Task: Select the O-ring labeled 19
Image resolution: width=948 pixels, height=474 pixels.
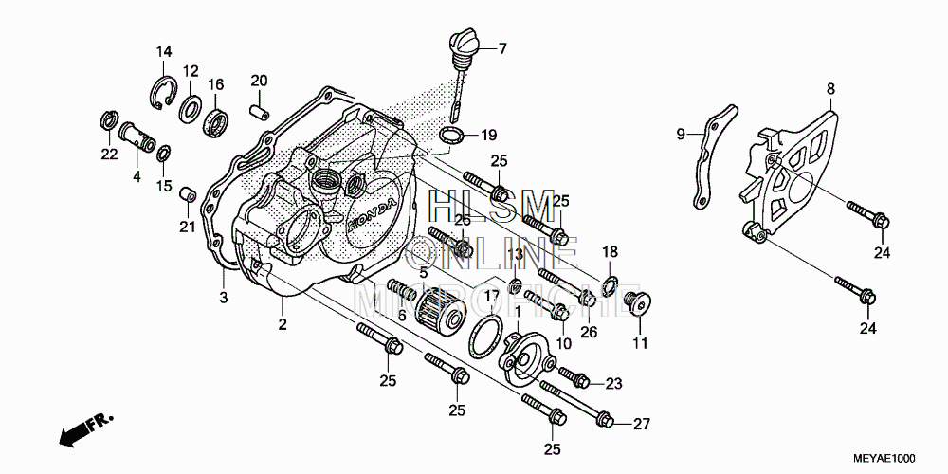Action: [x=453, y=135]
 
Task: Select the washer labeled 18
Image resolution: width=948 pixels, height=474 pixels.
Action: [x=611, y=282]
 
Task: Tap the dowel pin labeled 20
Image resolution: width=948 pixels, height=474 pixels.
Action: [x=256, y=110]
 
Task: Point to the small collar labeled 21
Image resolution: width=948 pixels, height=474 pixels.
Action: [x=189, y=194]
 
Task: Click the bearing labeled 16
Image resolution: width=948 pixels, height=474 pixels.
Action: [x=218, y=122]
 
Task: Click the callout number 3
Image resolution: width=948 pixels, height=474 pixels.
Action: [x=224, y=299]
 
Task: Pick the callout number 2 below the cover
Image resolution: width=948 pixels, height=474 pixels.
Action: [x=283, y=325]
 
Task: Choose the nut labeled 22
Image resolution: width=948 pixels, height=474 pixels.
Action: [x=108, y=122]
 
